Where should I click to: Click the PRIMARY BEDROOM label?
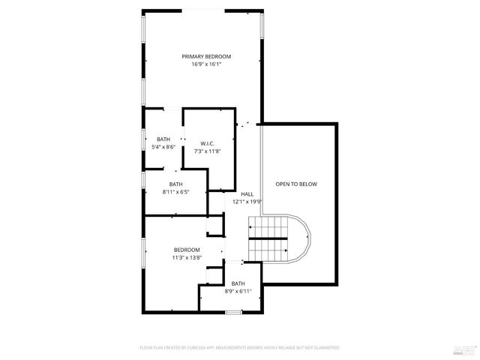tap(206, 56)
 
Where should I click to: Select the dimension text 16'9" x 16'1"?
tap(206, 64)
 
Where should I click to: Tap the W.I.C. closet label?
tap(208, 143)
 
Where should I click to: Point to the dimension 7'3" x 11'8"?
tap(208, 151)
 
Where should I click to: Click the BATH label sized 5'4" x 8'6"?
tap(163, 139)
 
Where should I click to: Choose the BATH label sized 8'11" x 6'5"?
tap(175, 184)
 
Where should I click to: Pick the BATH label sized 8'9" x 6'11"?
tap(238, 283)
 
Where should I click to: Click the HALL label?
tap(247, 193)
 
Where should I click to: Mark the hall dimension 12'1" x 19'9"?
tap(247, 202)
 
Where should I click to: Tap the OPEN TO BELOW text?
tap(296, 184)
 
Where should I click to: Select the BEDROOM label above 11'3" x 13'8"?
tap(187, 250)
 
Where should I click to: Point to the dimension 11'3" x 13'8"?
tap(187, 258)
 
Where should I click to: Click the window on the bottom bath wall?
tap(234, 311)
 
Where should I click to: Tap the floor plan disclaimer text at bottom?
tap(240, 348)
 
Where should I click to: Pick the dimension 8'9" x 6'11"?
tap(238, 292)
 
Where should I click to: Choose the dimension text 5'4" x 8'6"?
tap(163, 148)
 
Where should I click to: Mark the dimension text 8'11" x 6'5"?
tap(175, 192)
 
